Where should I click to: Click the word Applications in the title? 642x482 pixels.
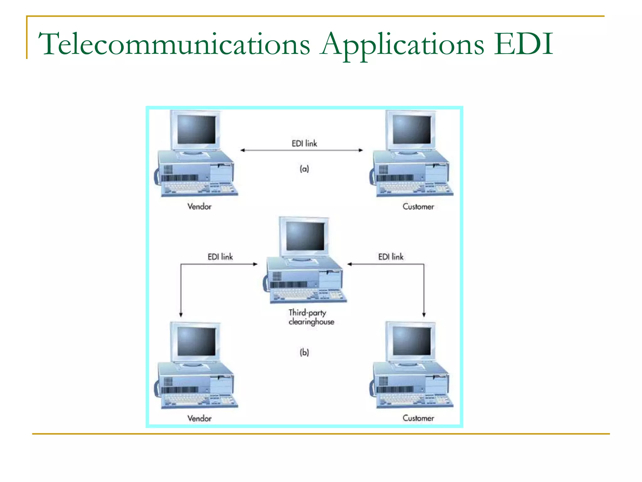pyautogui.click(x=402, y=45)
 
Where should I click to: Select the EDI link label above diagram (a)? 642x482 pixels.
pyautogui.click(x=304, y=143)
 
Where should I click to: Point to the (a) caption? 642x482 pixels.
pyautogui.click(x=304, y=169)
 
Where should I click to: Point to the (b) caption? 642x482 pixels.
pyautogui.click(x=304, y=352)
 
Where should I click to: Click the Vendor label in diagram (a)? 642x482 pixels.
pyautogui.click(x=199, y=206)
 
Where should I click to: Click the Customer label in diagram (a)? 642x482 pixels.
pyautogui.click(x=418, y=206)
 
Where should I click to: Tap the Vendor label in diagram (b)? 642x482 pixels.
pyautogui.click(x=199, y=418)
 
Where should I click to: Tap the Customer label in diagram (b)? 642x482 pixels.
pyautogui.click(x=418, y=418)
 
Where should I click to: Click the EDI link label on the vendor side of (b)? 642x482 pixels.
pyautogui.click(x=220, y=257)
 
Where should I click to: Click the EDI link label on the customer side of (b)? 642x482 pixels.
pyautogui.click(x=391, y=257)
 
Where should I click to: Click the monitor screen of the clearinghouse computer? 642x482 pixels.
pyautogui.click(x=305, y=236)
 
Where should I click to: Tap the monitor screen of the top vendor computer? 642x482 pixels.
pyautogui.click(x=197, y=129)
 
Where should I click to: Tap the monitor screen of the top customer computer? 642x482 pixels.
pyautogui.click(x=412, y=129)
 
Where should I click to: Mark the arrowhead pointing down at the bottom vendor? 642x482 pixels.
pyautogui.click(x=181, y=314)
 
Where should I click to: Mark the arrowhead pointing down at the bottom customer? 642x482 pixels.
pyautogui.click(x=424, y=314)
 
